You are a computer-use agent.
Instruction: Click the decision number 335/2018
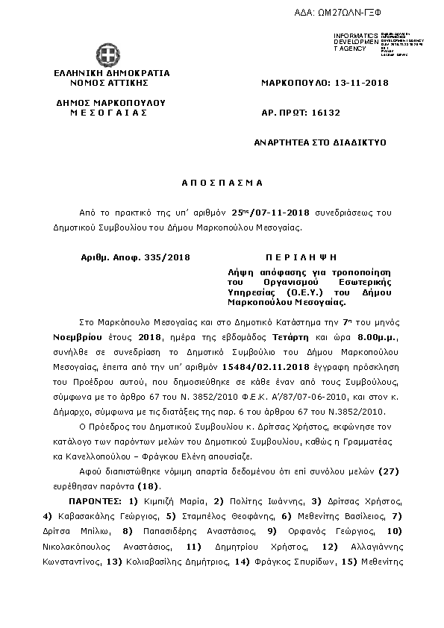click(x=169, y=257)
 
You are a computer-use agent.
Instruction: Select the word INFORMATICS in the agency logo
click(x=357, y=36)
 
